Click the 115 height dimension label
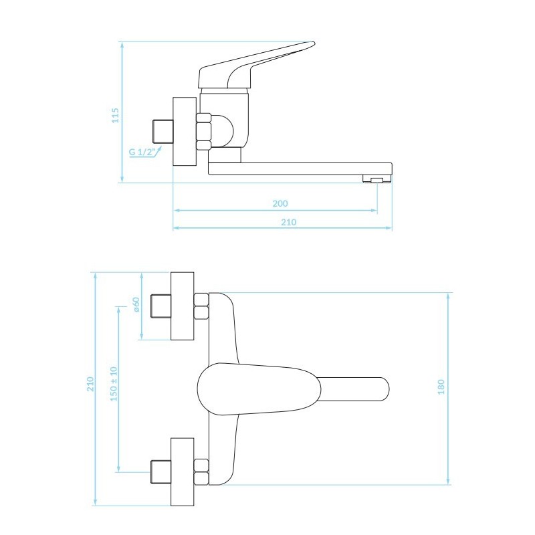coord(116,115)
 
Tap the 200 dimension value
coord(280,204)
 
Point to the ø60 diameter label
coord(136,304)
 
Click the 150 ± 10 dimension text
coord(114,384)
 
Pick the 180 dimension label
coord(441,387)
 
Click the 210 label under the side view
coord(289,223)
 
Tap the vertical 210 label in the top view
coord(90,384)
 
